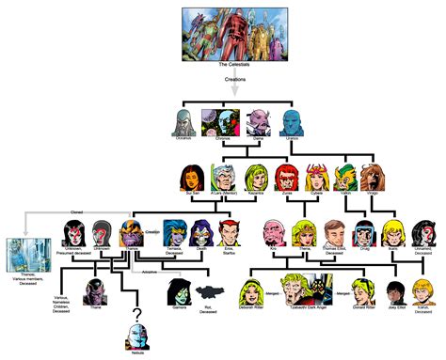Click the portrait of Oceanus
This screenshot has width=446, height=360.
(x=183, y=123)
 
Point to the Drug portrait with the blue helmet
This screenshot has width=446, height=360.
(x=366, y=234)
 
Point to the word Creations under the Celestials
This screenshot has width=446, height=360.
(x=234, y=81)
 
